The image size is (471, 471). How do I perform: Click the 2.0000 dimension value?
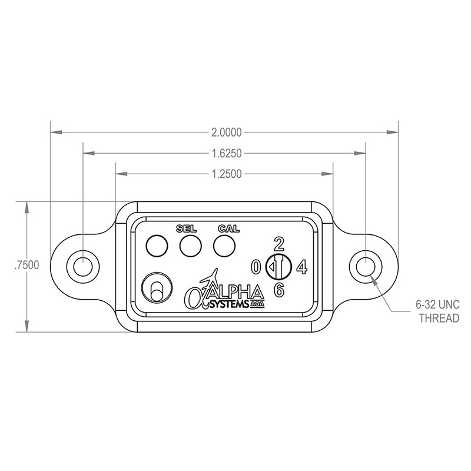tap(227, 132)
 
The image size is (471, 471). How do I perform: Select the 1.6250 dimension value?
tap(227, 154)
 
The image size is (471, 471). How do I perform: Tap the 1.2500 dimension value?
tap(227, 174)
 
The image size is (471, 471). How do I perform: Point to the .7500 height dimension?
tap(27, 266)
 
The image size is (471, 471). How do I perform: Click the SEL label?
tap(186, 229)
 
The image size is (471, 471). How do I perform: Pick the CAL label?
tap(229, 229)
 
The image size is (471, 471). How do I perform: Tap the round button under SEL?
tap(190, 246)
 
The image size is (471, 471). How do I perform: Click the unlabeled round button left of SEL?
tap(157, 246)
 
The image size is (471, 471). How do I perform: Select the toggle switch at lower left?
tap(157, 288)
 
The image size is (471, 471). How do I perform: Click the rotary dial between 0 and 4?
tap(278, 267)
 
